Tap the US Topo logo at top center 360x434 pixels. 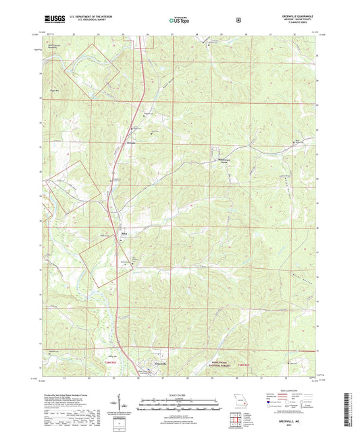click(x=178, y=20)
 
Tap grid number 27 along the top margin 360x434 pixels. click(x=173, y=32)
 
